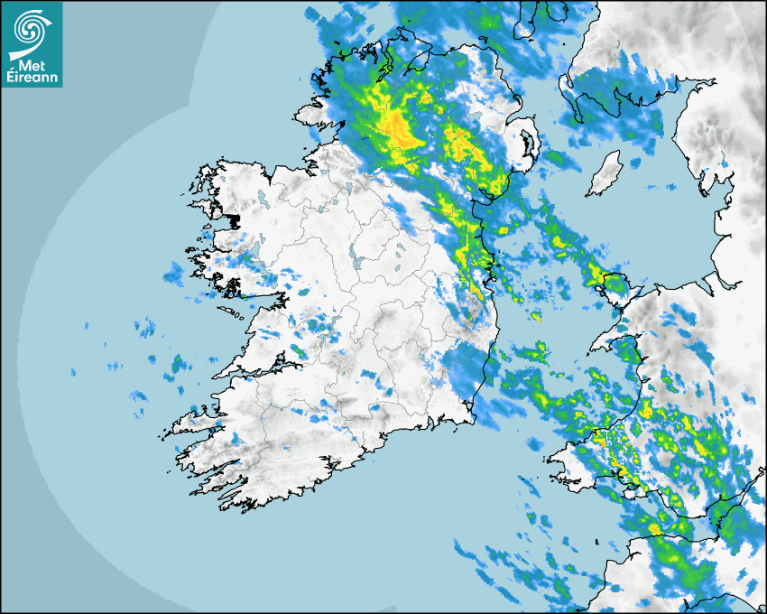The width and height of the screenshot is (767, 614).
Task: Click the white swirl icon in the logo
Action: (x=30, y=27)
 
